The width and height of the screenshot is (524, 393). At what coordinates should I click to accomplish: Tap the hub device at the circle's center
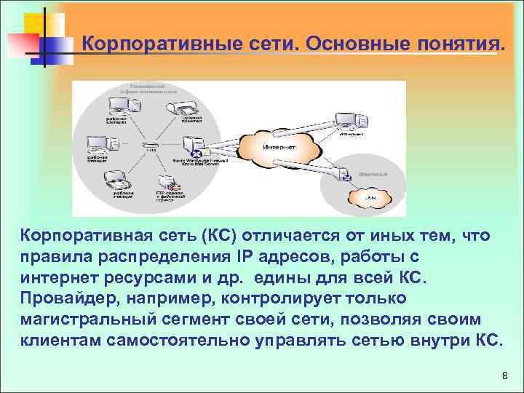click(x=151, y=146)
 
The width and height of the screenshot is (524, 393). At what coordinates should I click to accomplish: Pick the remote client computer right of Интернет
click(x=348, y=122)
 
